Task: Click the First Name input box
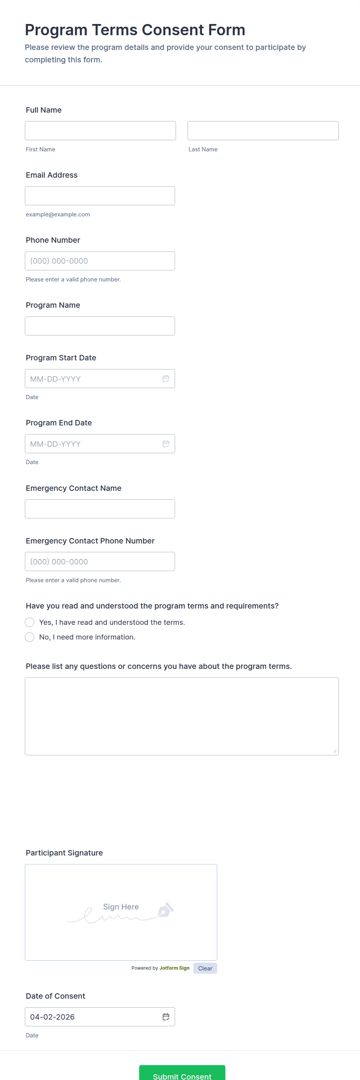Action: (100, 131)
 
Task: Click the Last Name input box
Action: (263, 131)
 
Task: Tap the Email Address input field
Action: (100, 196)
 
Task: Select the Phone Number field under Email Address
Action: (100, 261)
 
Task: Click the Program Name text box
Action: (100, 326)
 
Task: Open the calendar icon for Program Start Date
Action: (166, 379)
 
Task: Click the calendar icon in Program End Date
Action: (166, 444)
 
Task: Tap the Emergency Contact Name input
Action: (100, 509)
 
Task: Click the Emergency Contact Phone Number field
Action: (100, 561)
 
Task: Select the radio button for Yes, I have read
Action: (30, 622)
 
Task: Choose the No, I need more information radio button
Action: (30, 637)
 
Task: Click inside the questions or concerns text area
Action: (182, 716)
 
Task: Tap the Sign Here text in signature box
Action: (121, 907)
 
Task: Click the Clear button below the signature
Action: (205, 968)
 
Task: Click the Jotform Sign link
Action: (174, 968)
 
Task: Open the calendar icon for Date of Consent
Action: (166, 1017)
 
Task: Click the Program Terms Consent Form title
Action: (135, 30)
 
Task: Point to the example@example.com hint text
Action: (58, 214)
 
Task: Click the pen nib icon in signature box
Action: (166, 909)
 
